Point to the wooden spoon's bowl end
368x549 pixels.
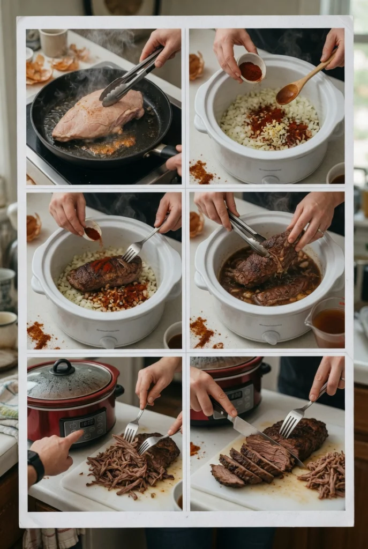[288, 94]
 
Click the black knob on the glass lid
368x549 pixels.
[63, 367]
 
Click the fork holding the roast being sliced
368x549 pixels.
[295, 419]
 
